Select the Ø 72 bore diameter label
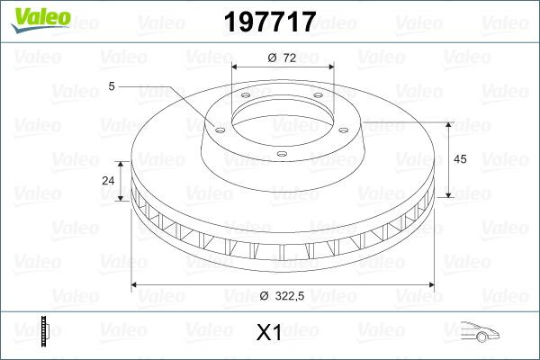tap(283, 58)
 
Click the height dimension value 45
tap(460, 159)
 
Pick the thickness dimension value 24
tap(108, 180)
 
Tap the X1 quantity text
tap(269, 333)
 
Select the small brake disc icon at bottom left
tap(44, 330)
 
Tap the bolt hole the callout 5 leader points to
tap(217, 128)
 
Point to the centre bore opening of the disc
tap(283, 112)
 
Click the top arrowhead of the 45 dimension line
tap(447, 121)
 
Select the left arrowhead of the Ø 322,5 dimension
tap(136, 285)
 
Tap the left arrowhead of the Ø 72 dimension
tap(235, 68)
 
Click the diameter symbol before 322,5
tap(264, 297)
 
